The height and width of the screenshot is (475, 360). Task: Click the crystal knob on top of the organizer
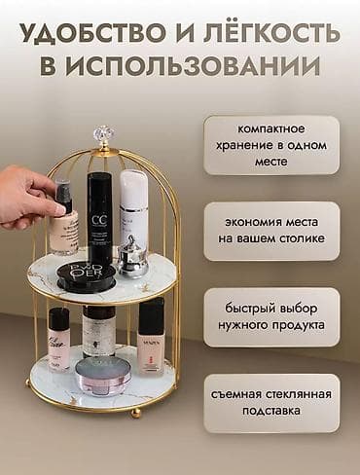(x=103, y=134)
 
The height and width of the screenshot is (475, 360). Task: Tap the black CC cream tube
(x=100, y=219)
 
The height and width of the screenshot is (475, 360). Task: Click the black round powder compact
(x=86, y=275)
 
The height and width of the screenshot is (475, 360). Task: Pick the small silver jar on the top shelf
(x=132, y=258)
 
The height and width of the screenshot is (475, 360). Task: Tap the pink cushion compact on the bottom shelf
(x=103, y=375)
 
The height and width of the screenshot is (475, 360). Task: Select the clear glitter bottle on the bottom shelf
(x=98, y=331)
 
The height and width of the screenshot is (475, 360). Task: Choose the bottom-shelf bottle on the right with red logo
(x=151, y=335)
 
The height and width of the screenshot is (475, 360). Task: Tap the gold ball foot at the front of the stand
(x=135, y=413)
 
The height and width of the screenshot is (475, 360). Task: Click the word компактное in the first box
(x=270, y=129)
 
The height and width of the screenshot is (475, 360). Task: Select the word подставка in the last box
(x=270, y=412)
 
